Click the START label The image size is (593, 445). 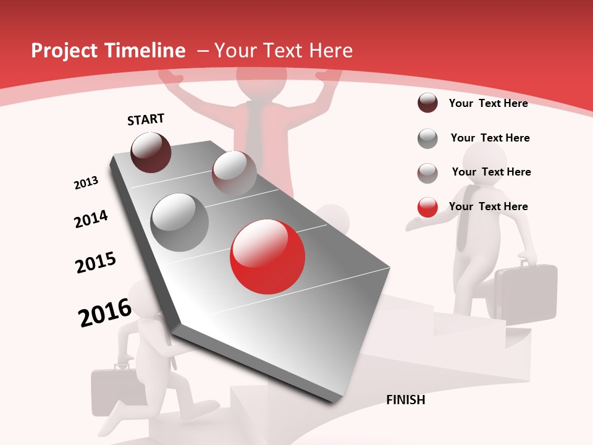(146, 119)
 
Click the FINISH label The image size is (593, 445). (406, 400)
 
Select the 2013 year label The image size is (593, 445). (86, 182)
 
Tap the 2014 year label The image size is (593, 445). (91, 218)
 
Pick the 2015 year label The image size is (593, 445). (96, 263)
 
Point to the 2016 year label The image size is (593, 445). (105, 312)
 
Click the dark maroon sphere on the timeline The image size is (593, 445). (151, 152)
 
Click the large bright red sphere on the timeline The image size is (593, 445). (267, 256)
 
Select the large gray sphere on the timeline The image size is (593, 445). (180, 222)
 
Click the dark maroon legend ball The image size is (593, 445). (427, 103)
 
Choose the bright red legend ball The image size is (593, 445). (427, 207)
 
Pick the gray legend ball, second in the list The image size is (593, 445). (427, 138)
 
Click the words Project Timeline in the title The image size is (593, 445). (108, 51)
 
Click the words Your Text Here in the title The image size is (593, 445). (284, 51)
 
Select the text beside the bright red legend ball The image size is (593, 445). (489, 206)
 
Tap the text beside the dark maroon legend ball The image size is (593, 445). (489, 103)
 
